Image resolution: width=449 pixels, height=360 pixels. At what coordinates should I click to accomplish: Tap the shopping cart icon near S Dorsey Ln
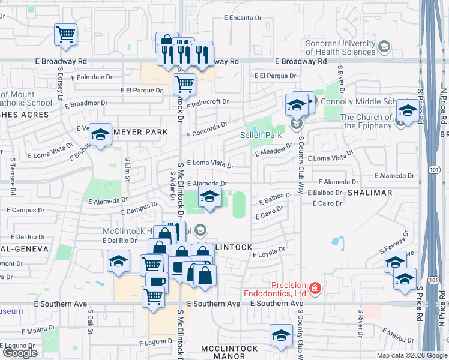click(x=65, y=34)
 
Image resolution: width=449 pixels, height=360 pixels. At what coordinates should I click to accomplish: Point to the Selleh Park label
click(x=261, y=136)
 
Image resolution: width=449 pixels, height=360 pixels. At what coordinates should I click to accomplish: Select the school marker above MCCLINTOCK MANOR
click(x=280, y=335)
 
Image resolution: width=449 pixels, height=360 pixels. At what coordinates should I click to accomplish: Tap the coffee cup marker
click(x=157, y=281)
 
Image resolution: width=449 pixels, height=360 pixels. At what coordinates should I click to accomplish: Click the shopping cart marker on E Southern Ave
click(x=154, y=296)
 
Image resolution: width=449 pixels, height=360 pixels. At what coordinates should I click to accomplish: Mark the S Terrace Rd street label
click(x=13, y=177)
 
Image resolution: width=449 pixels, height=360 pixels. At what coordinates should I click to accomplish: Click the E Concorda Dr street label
click(x=207, y=130)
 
